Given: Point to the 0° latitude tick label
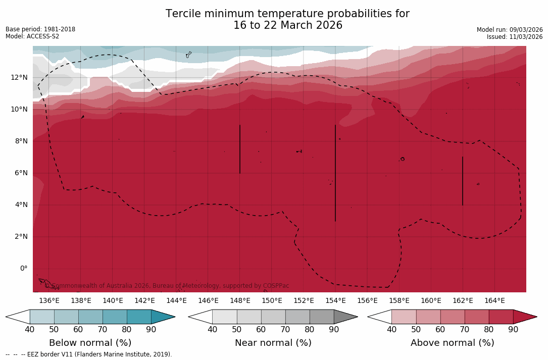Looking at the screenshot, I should point(24,268).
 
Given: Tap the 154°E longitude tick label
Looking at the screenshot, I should point(335,300).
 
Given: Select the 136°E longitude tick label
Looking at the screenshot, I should point(49,300).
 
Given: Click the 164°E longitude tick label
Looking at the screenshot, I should point(494,300).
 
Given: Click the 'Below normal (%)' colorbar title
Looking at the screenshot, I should point(90,343).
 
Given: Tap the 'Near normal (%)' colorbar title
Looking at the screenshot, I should point(273,343).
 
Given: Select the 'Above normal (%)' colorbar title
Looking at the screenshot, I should point(452,343).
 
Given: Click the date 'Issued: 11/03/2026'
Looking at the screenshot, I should point(514,37).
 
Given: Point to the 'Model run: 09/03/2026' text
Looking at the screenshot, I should point(509,30).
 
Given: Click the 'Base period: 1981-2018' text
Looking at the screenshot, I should point(40,29).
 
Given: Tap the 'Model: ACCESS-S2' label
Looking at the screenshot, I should point(32,36).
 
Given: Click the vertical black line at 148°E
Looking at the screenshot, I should point(240,149).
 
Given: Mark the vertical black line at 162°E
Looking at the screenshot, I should point(463,181).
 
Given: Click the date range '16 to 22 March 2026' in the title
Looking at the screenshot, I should point(287,25).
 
